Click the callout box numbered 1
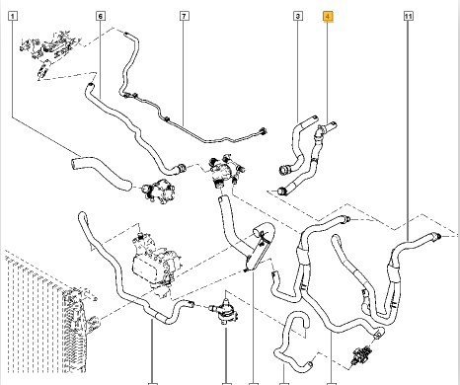13,16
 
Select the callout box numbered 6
101,16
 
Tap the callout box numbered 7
185,16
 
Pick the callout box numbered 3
298,16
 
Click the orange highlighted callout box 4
328,16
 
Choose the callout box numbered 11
409,16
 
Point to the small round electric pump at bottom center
225,311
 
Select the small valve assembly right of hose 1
158,191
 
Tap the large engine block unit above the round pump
155,260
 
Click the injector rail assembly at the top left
49,49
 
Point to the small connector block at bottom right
361,354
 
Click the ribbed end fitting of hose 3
283,170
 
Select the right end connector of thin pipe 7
264,131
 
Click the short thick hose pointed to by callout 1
101,173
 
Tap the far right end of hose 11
437,236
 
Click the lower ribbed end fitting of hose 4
283,191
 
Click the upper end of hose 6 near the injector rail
90,86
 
